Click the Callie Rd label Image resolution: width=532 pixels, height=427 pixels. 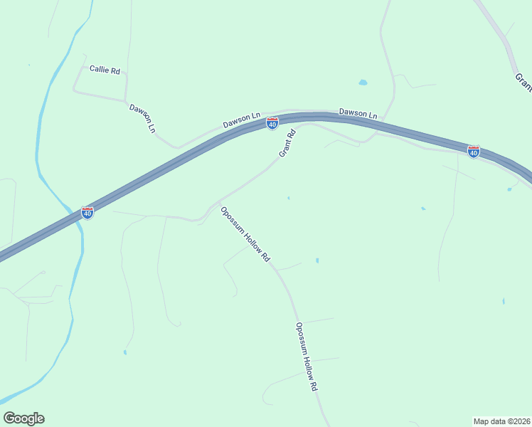pyautogui.click(x=105, y=70)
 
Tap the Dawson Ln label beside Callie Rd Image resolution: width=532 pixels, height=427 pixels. pyautogui.click(x=142, y=118)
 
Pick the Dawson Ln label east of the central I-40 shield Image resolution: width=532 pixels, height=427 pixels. pyautogui.click(x=358, y=112)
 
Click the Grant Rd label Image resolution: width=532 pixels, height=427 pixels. pyautogui.click(x=287, y=144)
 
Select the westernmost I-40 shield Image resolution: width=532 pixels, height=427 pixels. pyautogui.click(x=87, y=213)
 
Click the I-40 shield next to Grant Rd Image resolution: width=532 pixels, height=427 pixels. pyautogui.click(x=272, y=124)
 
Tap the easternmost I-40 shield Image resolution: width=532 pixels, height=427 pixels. pyautogui.click(x=473, y=152)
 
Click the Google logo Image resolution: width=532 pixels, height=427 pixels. pyautogui.click(x=23, y=418)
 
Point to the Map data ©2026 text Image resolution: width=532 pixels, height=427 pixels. pyautogui.click(x=502, y=421)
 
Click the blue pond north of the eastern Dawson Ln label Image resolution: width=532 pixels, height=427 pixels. pyautogui.click(x=363, y=83)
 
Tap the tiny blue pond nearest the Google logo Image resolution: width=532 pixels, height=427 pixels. pyautogui.click(x=124, y=352)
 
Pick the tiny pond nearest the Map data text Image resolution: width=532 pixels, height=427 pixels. pyautogui.click(x=503, y=302)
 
